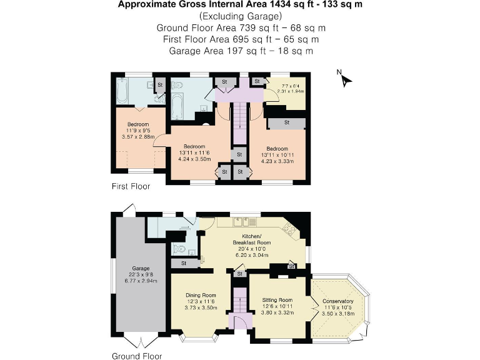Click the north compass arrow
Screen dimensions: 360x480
(345, 79)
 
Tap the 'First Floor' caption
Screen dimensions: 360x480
(131, 186)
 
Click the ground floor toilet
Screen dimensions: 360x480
(177, 249)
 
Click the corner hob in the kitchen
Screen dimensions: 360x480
(290, 228)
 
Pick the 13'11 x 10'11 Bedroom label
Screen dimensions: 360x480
(276, 154)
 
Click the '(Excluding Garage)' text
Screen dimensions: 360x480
(241, 16)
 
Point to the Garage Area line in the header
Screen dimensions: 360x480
(241, 51)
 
